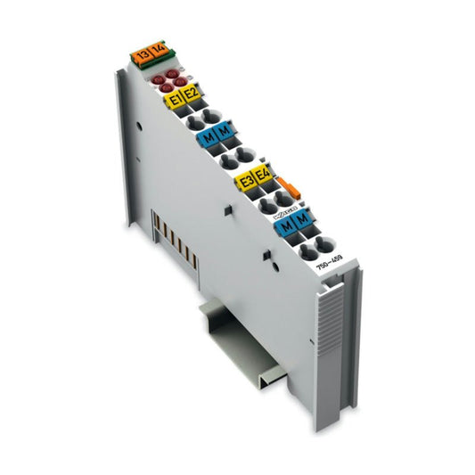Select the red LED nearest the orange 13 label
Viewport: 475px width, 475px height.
tap(154, 78)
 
